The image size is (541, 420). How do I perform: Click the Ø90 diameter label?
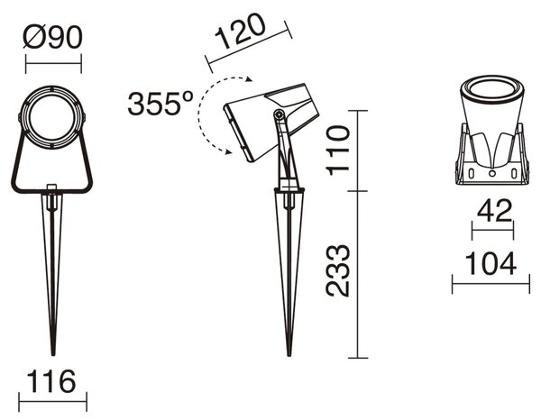pyautogui.click(x=53, y=37)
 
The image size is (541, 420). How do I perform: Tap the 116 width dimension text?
pyautogui.click(x=51, y=381)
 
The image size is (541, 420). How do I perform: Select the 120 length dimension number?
pyautogui.click(x=241, y=32)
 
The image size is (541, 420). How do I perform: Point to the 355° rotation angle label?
pyautogui.click(x=160, y=103)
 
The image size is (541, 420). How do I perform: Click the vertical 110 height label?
pyautogui.click(x=338, y=151)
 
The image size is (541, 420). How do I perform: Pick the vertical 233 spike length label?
pyautogui.click(x=338, y=271)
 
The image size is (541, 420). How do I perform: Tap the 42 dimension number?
pyautogui.click(x=494, y=211)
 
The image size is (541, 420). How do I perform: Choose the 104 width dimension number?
pyautogui.click(x=491, y=263)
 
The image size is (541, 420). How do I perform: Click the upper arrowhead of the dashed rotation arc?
pyautogui.click(x=249, y=79)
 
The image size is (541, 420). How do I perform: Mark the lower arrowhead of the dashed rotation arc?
pyautogui.click(x=228, y=151)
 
